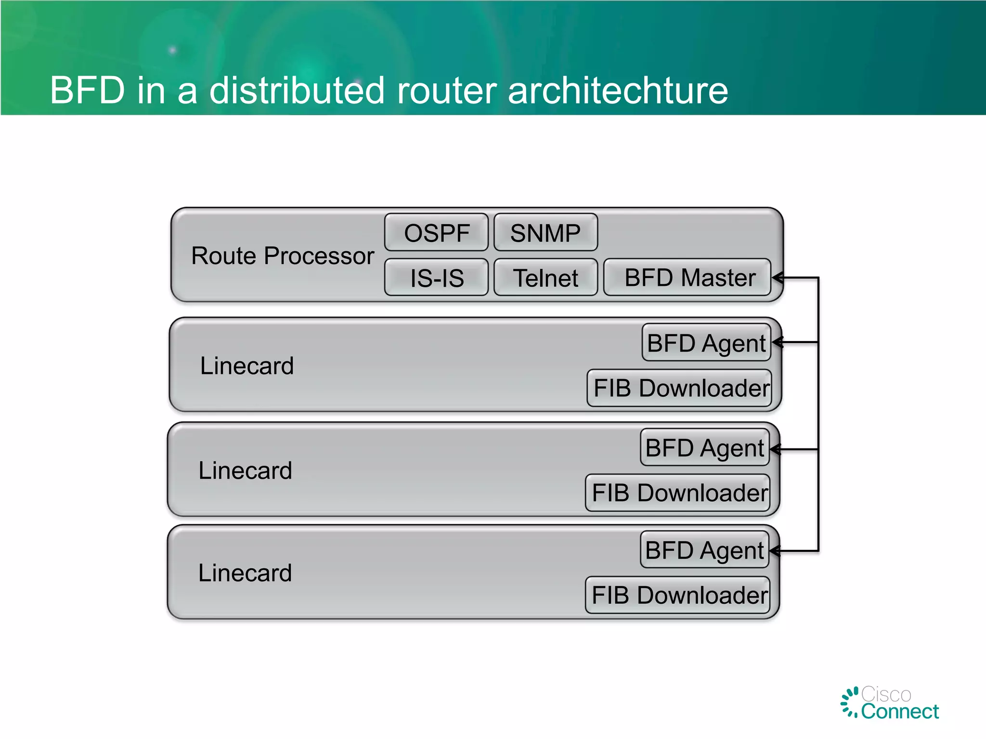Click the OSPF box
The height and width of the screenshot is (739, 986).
436,233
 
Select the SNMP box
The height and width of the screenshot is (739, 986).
545,233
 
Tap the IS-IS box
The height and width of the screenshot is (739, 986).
436,278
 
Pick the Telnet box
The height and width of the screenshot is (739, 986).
545,278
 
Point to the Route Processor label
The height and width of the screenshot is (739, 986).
283,255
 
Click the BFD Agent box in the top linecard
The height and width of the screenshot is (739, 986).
706,343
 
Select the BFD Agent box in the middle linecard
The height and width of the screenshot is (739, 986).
704,448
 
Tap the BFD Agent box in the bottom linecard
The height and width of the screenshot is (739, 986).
704,550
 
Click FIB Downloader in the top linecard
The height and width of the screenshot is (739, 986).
680,388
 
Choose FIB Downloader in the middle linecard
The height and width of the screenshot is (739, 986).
678,493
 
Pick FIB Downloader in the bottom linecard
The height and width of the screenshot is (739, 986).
678,596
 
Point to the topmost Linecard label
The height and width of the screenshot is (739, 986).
246,366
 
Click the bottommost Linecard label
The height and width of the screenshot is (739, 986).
245,573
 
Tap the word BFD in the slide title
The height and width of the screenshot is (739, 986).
88,90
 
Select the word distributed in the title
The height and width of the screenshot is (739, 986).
297,90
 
